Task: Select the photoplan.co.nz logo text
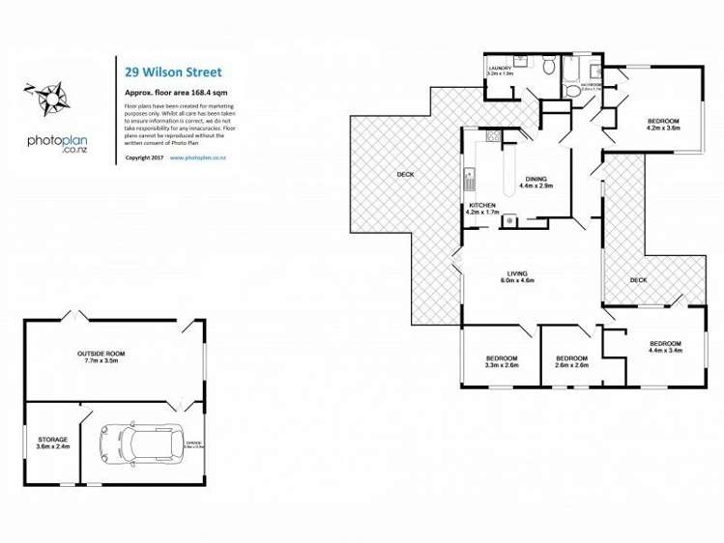click(x=62, y=142)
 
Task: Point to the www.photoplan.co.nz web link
click(x=197, y=157)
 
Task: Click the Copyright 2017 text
click(x=144, y=157)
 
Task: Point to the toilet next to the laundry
click(x=548, y=66)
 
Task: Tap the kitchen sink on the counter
click(x=470, y=180)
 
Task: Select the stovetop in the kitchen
click(x=508, y=220)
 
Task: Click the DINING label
click(x=536, y=180)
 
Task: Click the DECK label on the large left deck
click(x=405, y=175)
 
